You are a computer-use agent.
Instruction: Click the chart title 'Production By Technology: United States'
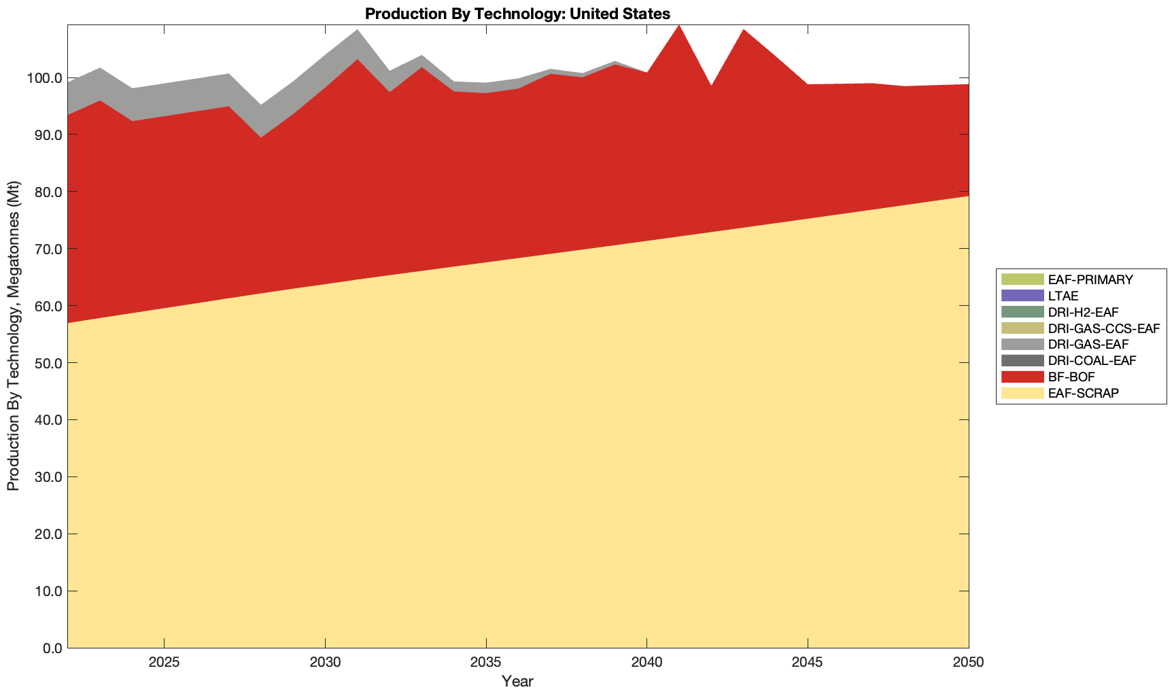(517, 13)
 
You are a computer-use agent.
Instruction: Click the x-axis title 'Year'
(517, 681)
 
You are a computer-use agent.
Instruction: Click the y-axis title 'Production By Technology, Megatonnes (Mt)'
(13, 336)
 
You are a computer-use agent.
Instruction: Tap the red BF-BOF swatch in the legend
(1022, 377)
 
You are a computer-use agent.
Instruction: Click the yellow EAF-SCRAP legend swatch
(1022, 393)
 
